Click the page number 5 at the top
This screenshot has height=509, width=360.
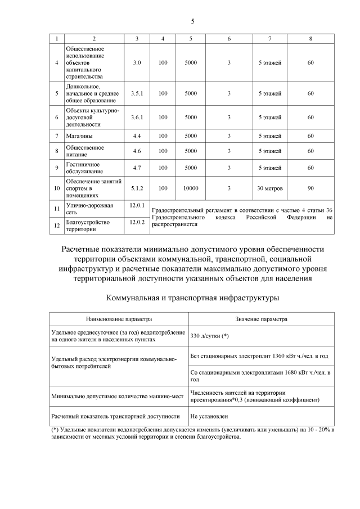[x=192, y=21]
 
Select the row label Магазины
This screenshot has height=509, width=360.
[x=79, y=136]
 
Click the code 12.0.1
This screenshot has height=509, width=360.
[x=137, y=205]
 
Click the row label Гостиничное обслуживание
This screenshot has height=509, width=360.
[x=85, y=168]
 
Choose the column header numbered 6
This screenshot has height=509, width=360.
[x=229, y=38]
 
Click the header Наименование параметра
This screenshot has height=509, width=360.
[x=119, y=319]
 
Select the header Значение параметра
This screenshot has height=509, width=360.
[x=261, y=319]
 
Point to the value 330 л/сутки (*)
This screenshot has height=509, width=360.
[x=209, y=336]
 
